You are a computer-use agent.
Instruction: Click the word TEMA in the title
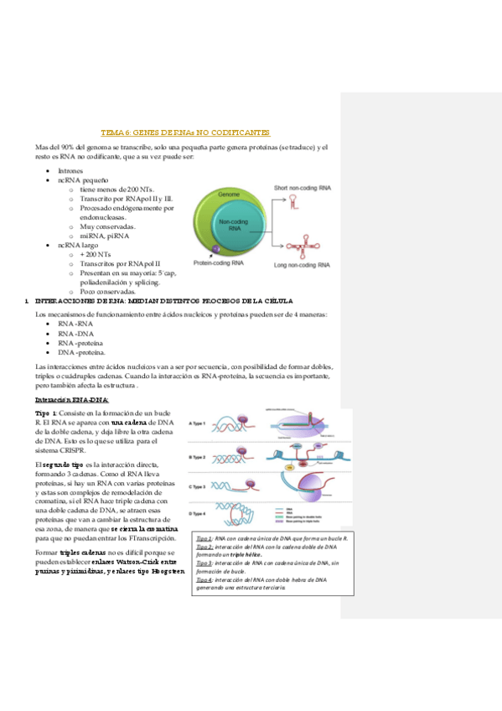click(111, 132)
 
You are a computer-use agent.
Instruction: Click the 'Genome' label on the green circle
click(230, 194)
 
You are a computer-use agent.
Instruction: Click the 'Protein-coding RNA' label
click(219, 263)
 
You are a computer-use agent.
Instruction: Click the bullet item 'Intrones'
click(70, 170)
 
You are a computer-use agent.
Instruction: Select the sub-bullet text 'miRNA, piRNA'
click(105, 236)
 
